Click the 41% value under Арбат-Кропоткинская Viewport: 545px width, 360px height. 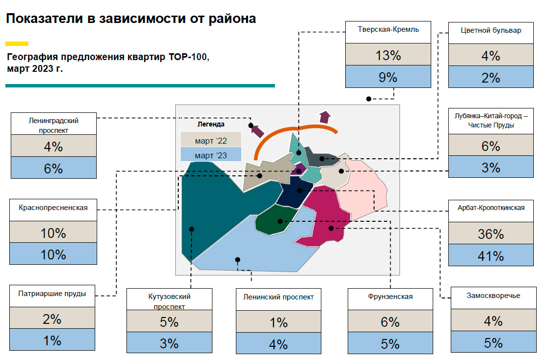click(x=490, y=256)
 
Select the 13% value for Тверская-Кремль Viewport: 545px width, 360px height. click(x=388, y=55)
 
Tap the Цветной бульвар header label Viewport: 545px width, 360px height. click(x=491, y=30)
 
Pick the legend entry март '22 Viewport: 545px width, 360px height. click(x=210, y=140)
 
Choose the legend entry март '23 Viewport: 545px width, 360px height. click(x=210, y=155)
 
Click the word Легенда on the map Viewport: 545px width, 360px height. click(x=210, y=124)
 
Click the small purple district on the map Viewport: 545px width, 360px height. click(x=298, y=169)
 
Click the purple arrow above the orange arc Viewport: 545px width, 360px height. click(x=325, y=117)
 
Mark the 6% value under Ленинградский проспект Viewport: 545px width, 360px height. click(x=53, y=169)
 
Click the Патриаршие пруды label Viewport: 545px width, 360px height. click(x=52, y=294)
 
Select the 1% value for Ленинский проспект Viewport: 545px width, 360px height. click(x=279, y=322)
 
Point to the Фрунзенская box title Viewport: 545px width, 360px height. click(x=390, y=296)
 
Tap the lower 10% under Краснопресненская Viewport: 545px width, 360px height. click(x=53, y=254)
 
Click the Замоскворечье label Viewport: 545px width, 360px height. click(x=493, y=296)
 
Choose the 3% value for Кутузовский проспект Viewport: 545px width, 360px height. click(x=169, y=343)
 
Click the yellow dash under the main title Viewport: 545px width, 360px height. click(x=17, y=44)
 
